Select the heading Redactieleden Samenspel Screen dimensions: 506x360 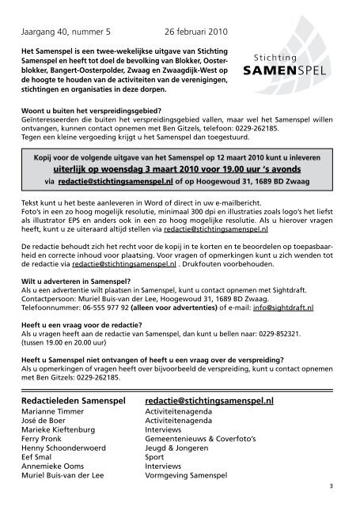click(74, 400)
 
